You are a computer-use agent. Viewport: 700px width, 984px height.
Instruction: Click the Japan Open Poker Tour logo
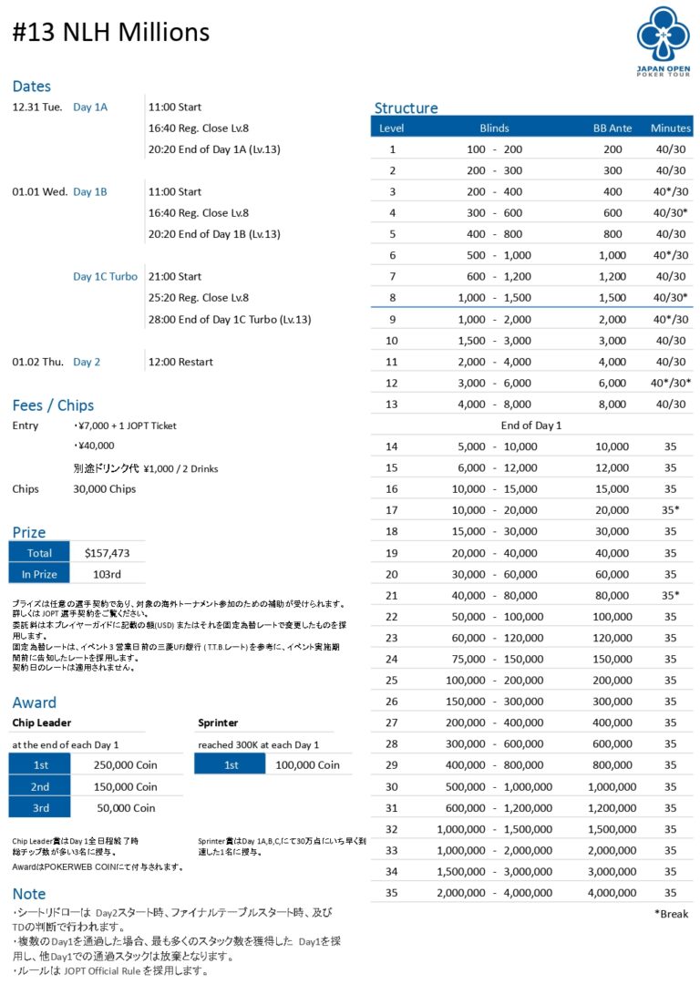(x=664, y=40)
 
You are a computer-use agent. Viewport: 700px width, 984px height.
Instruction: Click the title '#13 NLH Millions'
(x=111, y=33)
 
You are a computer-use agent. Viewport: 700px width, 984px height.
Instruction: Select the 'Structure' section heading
(x=406, y=108)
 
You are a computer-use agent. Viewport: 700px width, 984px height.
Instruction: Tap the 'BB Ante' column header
(x=612, y=128)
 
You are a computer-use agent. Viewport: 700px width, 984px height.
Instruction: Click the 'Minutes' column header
(x=671, y=128)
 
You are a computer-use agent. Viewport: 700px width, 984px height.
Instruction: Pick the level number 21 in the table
(x=392, y=595)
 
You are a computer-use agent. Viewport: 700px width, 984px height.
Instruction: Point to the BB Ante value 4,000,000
(x=612, y=893)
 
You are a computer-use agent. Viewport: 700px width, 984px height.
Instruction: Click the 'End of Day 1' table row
(x=531, y=425)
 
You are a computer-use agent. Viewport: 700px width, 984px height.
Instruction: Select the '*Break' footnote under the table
(x=671, y=913)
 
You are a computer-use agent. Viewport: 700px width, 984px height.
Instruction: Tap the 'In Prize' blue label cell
(x=39, y=574)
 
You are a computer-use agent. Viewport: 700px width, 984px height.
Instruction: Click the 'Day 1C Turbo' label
(x=106, y=277)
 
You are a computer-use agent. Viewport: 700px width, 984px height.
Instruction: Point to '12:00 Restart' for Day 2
(x=182, y=362)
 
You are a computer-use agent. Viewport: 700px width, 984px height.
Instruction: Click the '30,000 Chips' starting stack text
(x=104, y=489)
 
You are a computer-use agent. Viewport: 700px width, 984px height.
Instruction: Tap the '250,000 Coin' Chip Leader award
(x=125, y=765)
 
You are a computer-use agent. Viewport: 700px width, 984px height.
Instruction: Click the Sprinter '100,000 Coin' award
(x=307, y=765)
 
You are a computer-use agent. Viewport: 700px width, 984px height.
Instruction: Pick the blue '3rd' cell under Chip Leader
(x=39, y=808)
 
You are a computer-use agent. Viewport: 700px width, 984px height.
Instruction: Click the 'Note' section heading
(x=29, y=894)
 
